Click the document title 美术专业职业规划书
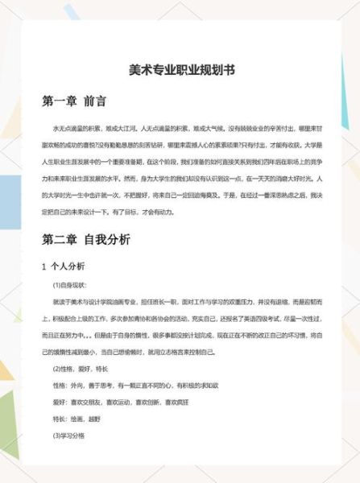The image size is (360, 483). point(181,70)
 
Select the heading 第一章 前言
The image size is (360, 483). point(74,102)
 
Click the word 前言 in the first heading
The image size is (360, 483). point(94,102)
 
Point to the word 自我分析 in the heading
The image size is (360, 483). point(106,239)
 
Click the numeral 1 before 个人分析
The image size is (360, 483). point(43,266)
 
